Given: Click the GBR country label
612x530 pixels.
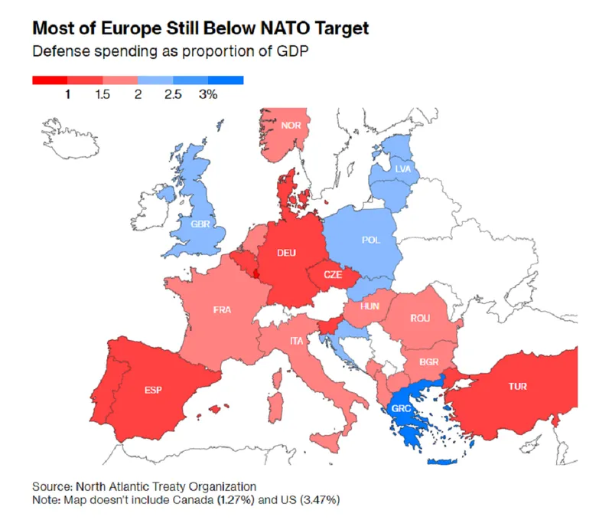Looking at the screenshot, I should coord(201,224).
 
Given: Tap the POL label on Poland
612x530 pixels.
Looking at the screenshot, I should coord(371,240).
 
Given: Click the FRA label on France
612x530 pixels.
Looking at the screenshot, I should coord(223,310).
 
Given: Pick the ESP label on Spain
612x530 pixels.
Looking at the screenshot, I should coord(154,390).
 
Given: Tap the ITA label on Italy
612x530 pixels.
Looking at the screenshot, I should coord(295,339).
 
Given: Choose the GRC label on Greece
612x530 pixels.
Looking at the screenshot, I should coord(402,408).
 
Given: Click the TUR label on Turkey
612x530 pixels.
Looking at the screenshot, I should coord(517,387).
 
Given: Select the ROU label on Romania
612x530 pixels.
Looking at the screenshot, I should coord(420,318).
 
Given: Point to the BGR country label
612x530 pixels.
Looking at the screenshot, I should coord(429,360).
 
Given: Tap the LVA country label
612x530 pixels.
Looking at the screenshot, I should coord(403,168).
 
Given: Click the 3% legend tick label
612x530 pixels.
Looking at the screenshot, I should coord(208,94).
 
